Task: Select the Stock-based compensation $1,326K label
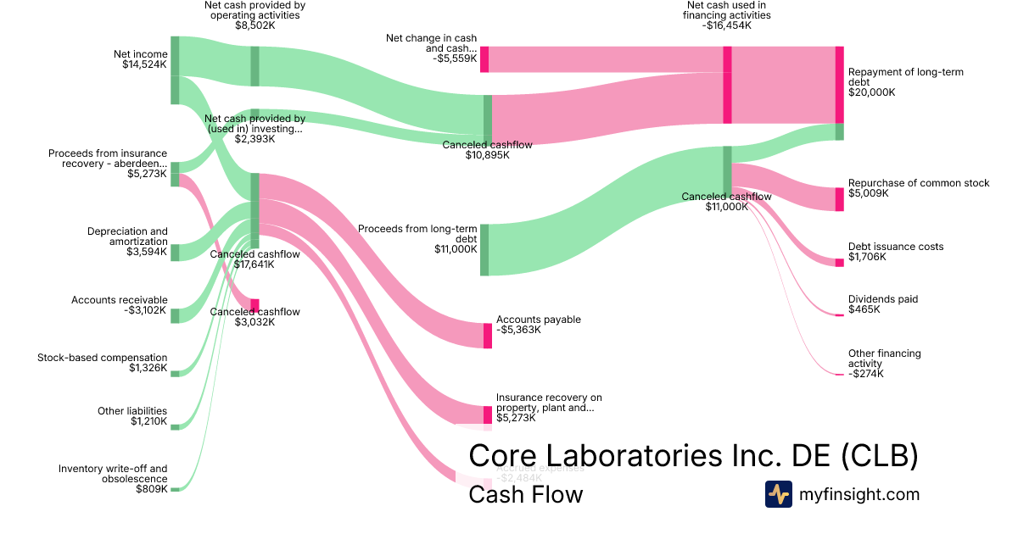[103, 363]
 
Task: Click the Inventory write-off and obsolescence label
[113, 479]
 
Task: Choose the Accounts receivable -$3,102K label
[120, 305]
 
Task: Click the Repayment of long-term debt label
[905, 82]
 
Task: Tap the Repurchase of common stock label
[918, 188]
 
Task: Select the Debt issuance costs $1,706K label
[895, 252]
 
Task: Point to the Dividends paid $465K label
[882, 304]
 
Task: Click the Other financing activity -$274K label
[884, 363]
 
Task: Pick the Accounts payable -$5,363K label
[538, 325]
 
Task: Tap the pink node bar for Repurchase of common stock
[839, 199]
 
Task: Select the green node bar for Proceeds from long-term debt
[484, 250]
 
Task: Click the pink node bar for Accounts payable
[488, 336]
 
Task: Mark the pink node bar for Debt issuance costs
[839, 263]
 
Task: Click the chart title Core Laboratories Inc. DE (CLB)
[693, 456]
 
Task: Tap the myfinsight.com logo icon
[778, 494]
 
